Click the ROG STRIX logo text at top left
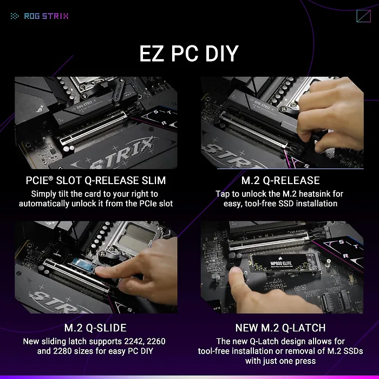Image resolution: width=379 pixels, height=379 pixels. (45, 16)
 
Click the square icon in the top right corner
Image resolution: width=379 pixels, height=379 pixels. (363, 16)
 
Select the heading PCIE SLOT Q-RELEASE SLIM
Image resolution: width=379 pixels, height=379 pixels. (96, 180)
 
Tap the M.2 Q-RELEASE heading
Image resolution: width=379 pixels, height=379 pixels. (280, 180)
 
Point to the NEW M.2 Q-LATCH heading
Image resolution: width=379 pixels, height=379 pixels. (280, 328)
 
